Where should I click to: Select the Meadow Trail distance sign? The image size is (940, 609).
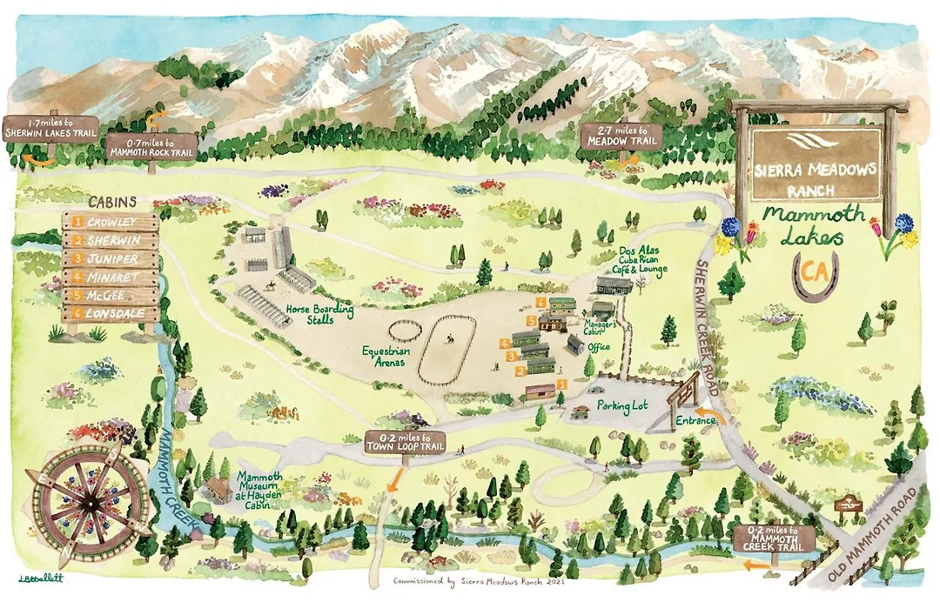(x=621, y=137)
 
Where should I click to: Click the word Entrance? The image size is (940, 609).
(x=695, y=421)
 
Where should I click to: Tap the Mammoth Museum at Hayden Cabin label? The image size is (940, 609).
(x=265, y=489)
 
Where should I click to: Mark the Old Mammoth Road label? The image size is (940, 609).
(x=874, y=534)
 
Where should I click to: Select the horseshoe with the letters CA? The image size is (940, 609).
(x=816, y=274)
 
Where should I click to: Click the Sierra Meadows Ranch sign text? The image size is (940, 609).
(x=815, y=177)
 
